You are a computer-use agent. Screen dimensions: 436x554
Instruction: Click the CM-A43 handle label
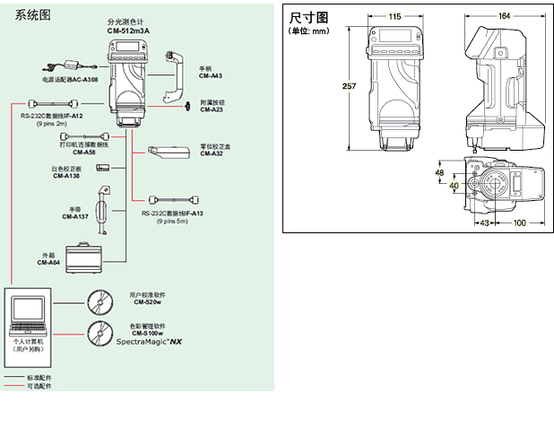tap(212, 76)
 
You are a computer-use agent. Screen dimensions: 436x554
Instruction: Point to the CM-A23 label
tap(212, 109)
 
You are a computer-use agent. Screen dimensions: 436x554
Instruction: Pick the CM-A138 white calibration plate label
tap(65, 176)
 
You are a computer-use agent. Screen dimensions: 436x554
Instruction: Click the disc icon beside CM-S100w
tap(100, 333)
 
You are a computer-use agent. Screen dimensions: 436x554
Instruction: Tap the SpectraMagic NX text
tap(150, 343)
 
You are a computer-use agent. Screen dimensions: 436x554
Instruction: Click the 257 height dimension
tap(348, 86)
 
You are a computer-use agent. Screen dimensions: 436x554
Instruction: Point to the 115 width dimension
tap(395, 16)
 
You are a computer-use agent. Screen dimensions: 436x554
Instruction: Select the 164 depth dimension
tap(505, 16)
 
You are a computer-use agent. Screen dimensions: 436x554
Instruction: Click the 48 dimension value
tap(439, 171)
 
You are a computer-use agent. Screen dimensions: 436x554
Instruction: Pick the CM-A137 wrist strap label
tap(74, 216)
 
